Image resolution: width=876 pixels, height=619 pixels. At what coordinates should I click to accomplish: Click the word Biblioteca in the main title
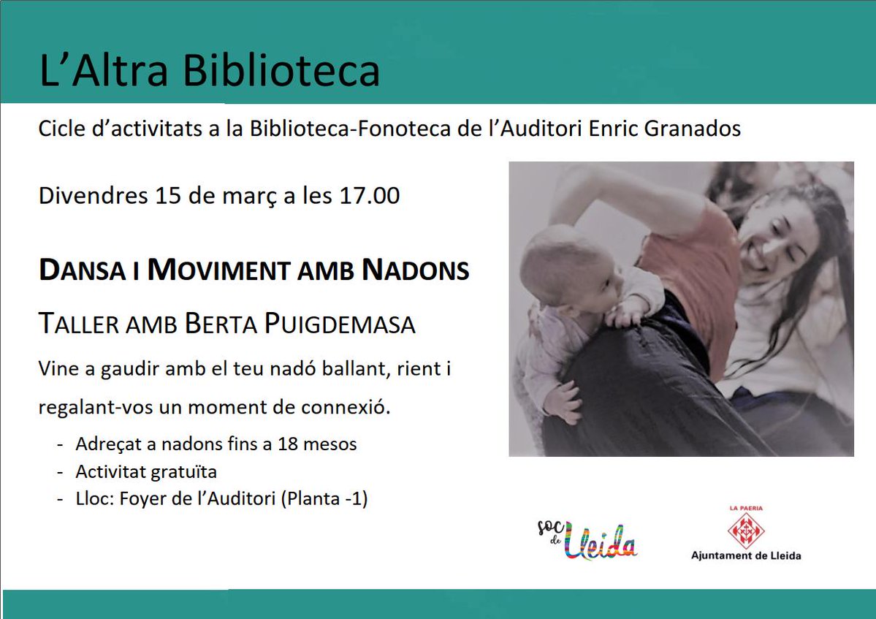(x=281, y=70)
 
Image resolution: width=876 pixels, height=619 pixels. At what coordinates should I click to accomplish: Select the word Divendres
(x=94, y=196)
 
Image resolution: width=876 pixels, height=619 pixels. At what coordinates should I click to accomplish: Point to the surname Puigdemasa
(x=340, y=324)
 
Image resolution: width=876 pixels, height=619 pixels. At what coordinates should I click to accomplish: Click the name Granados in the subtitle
(x=692, y=129)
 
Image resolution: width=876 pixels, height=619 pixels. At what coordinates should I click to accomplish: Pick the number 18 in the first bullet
(x=288, y=444)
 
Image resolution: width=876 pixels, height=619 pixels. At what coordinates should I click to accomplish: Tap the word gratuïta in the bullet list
(x=184, y=472)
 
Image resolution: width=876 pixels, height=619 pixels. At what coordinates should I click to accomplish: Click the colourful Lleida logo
(x=587, y=539)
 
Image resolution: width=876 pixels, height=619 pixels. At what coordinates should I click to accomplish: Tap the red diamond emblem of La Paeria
(x=746, y=530)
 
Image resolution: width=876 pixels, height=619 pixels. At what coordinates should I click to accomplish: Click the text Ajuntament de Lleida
(x=746, y=555)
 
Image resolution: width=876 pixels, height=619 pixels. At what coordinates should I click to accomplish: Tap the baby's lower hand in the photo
(x=563, y=401)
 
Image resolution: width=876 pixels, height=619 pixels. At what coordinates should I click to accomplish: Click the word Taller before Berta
(x=79, y=324)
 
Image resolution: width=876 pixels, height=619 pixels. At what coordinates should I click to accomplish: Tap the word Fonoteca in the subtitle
(x=405, y=129)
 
